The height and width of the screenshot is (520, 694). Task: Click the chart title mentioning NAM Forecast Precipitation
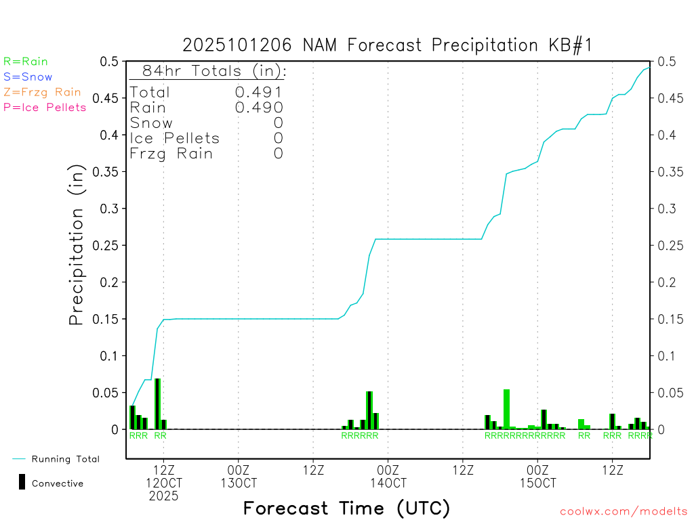pos(388,45)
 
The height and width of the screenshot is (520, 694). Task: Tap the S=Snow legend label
pos(28,77)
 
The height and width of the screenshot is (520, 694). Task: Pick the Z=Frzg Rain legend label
pos(42,92)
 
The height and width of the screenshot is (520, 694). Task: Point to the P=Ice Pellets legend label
pos(45,107)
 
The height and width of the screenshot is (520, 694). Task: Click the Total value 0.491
pos(259,92)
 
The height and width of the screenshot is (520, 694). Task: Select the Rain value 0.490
pos(259,107)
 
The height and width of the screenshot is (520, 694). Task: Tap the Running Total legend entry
pos(65,459)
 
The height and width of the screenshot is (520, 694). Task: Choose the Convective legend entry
pos(57,483)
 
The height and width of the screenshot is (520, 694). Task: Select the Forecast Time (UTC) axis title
pos(346,508)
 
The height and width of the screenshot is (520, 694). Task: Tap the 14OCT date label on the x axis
pos(388,483)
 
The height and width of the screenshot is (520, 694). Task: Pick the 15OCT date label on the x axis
pos(537,483)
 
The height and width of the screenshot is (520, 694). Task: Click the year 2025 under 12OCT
pos(164,496)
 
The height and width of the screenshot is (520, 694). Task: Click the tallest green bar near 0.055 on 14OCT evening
pos(506,409)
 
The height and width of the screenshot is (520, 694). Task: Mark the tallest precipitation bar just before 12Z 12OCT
pos(157,404)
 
